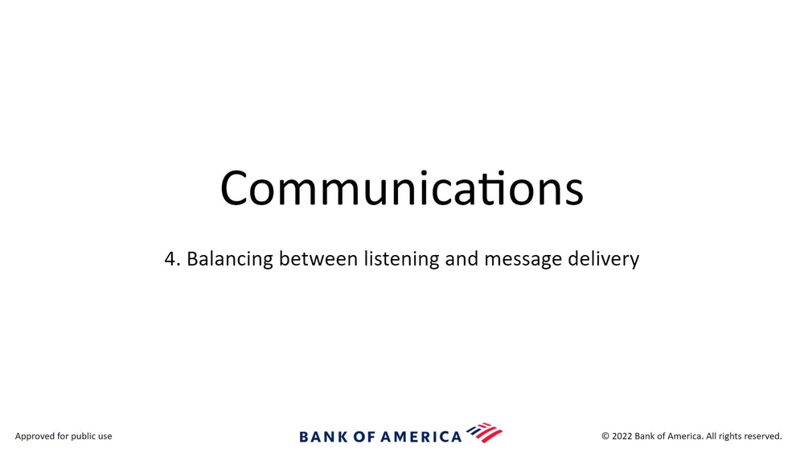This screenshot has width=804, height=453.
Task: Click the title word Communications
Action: (x=401, y=187)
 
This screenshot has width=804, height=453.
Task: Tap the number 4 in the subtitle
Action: (x=170, y=259)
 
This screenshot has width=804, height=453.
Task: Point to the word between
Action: (x=318, y=258)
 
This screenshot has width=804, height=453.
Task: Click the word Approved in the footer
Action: (x=35, y=437)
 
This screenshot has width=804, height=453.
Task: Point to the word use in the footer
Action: (x=105, y=438)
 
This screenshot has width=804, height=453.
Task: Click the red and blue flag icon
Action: (x=485, y=432)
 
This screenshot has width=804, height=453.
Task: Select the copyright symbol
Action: (x=605, y=436)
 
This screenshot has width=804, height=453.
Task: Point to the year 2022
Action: (x=622, y=436)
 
